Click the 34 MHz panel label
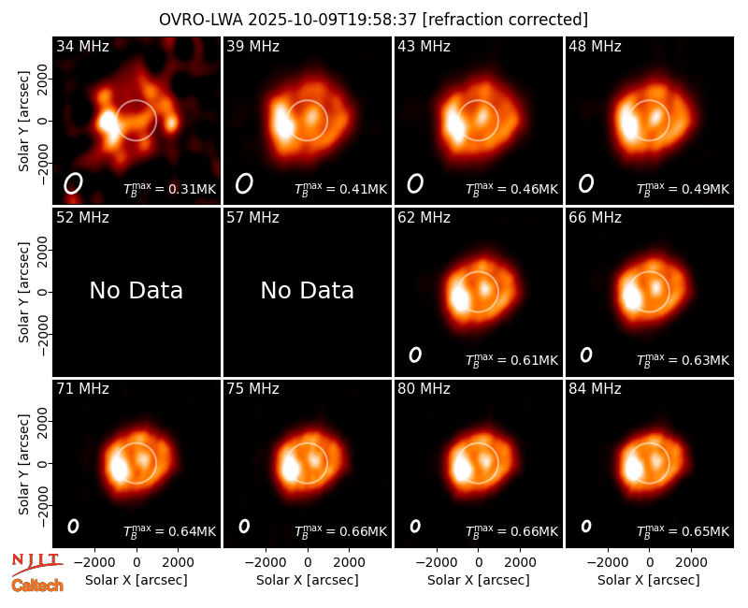pyautogui.click(x=82, y=46)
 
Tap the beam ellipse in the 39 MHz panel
pyautogui.click(x=244, y=183)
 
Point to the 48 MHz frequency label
pyautogui.click(x=595, y=46)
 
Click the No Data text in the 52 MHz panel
pyautogui.click(x=137, y=290)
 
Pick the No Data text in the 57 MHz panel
pyautogui.click(x=308, y=290)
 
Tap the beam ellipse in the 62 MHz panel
pyautogui.click(x=415, y=355)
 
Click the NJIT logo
pyautogui.click(x=36, y=563)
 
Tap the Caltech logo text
pyautogui.click(x=37, y=586)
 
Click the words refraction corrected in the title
pyautogui.click(x=505, y=20)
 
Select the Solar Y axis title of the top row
pyautogui.click(x=23, y=122)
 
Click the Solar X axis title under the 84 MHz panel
pyautogui.click(x=649, y=580)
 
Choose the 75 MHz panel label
pyautogui.click(x=252, y=389)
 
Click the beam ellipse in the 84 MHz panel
pyautogui.click(x=586, y=526)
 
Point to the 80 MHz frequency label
pyautogui.click(x=424, y=389)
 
